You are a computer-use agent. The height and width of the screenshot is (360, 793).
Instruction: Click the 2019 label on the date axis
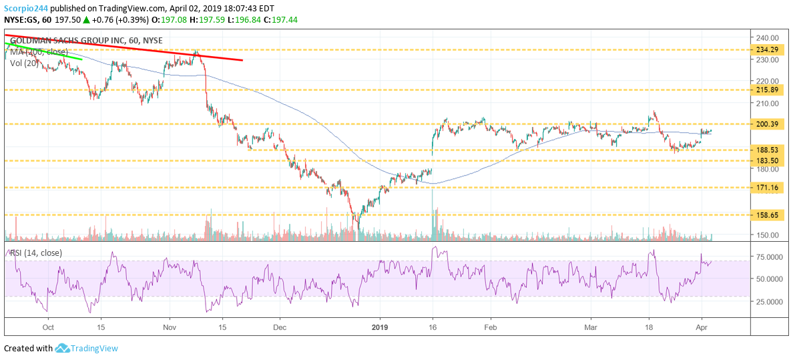pos(380,328)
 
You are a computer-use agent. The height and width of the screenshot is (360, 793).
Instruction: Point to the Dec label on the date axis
pos(280,328)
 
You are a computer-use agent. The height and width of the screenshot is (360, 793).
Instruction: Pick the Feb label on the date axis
pos(491,328)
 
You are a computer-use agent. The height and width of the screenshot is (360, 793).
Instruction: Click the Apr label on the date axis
pos(701,328)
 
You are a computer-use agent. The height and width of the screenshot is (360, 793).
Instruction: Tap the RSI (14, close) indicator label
pos(35,252)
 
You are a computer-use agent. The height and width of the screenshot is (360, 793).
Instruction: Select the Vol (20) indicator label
pos(25,63)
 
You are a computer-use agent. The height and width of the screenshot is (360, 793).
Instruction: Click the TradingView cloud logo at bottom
pos(63,348)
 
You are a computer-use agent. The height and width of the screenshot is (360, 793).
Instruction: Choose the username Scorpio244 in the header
pos(25,8)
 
